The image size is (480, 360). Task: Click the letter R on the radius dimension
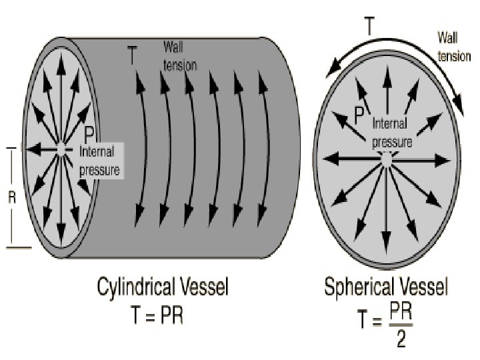11,198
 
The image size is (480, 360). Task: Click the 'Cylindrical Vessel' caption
163,288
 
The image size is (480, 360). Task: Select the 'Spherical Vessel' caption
386,288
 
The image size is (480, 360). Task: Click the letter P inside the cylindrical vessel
88,134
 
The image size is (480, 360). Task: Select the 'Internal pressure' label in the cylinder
99,160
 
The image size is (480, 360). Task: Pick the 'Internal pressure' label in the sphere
391,132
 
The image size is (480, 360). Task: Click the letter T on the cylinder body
133,56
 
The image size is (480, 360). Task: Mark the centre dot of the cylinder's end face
61,149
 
